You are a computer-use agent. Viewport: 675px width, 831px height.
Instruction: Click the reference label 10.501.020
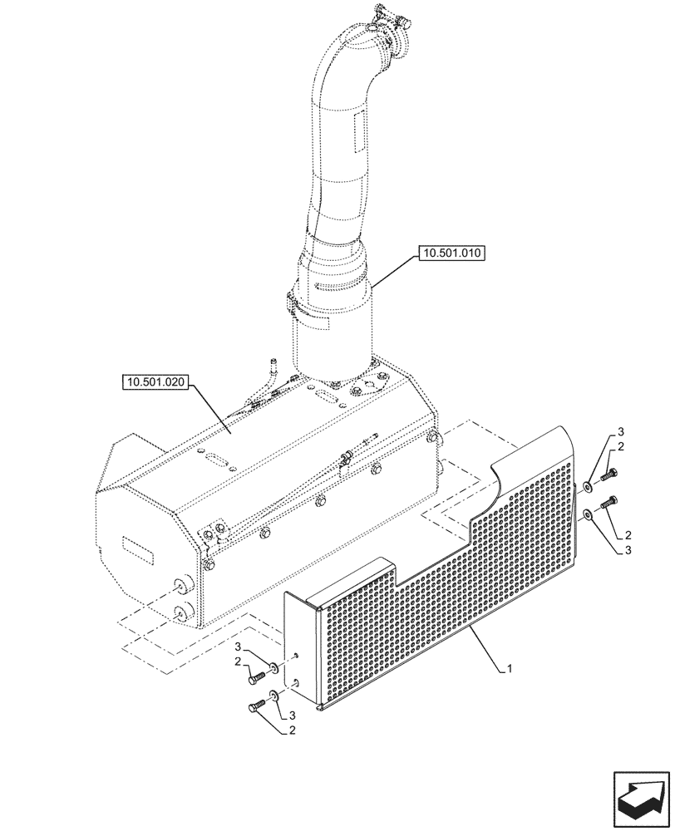[156, 383]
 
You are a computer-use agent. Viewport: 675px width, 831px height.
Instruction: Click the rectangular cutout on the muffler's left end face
[136, 549]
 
